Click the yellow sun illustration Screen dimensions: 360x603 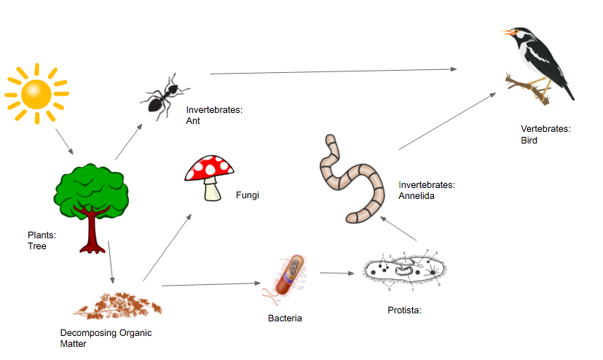point(36,93)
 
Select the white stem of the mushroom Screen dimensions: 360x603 point(212,191)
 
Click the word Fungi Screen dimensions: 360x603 point(248,196)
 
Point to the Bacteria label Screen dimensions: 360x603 point(285,318)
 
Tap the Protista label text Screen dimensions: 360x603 point(404,310)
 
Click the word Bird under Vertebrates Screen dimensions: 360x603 point(529,140)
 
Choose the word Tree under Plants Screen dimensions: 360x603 point(37,246)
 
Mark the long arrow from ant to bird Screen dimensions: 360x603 point(333,71)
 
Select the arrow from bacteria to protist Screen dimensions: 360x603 point(336,274)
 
